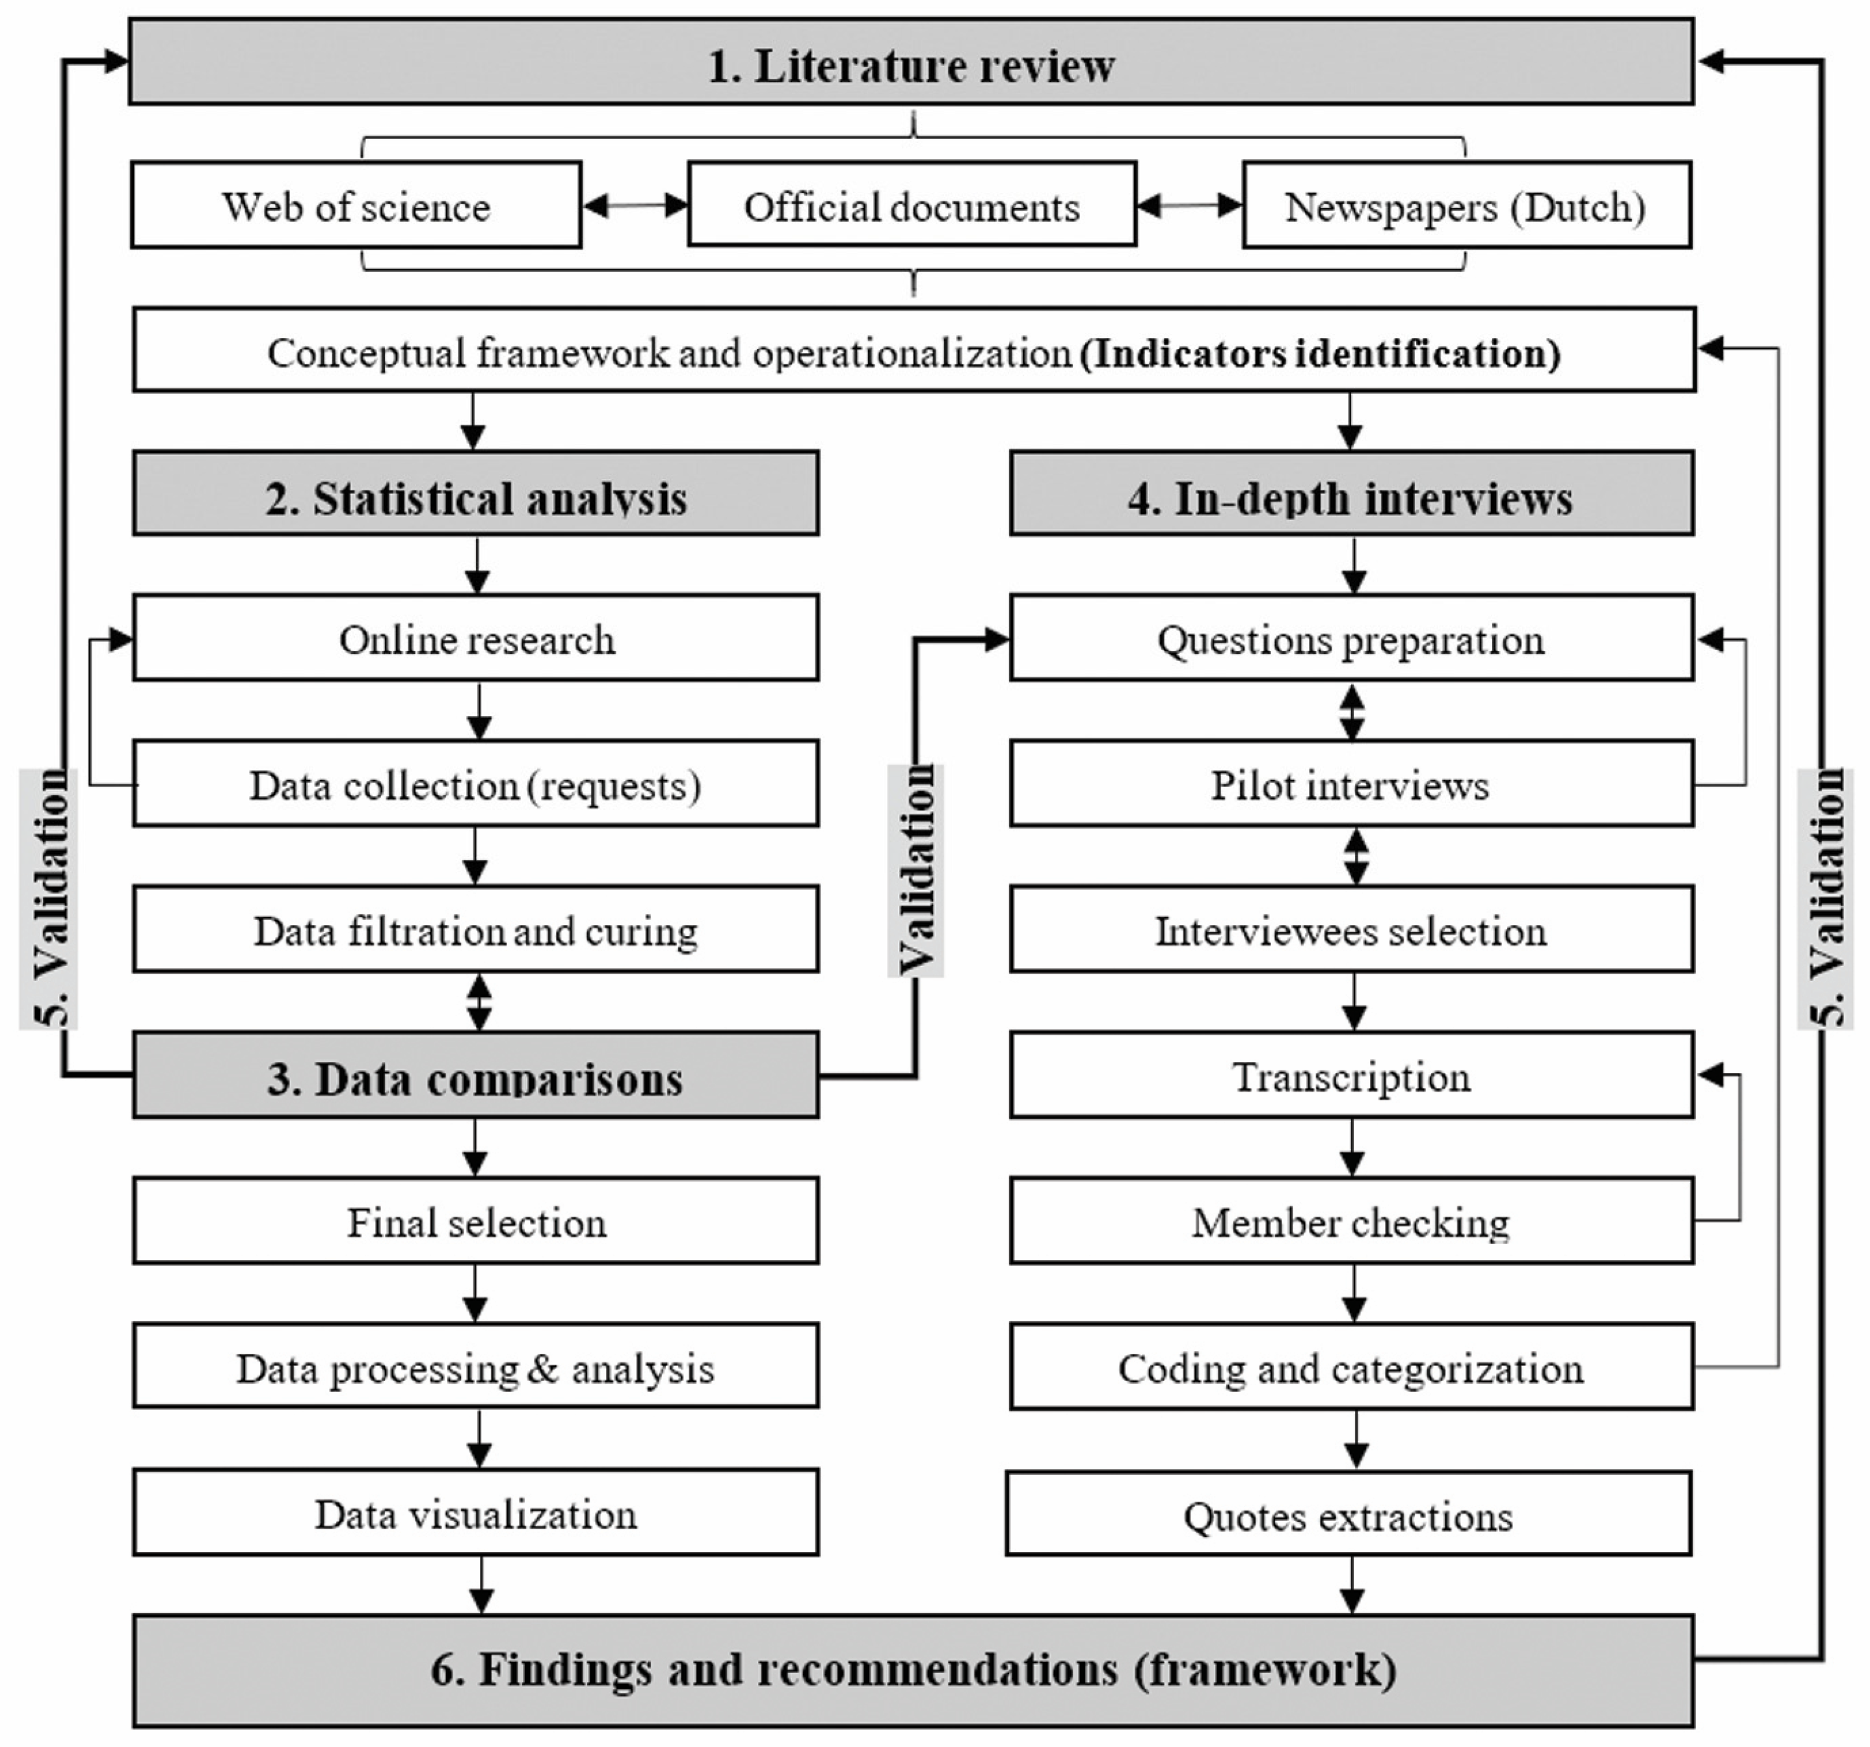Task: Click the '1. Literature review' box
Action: point(910,62)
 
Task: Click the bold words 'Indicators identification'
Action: point(1320,354)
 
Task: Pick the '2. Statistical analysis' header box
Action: point(475,495)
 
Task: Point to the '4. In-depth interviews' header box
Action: point(1350,495)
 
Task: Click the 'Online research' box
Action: point(475,638)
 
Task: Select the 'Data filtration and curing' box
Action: point(475,930)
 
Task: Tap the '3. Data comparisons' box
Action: point(475,1076)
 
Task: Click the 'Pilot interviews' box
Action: point(1350,784)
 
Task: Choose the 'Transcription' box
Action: point(1350,1076)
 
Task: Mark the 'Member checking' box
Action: point(1350,1221)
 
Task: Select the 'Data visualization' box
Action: point(475,1513)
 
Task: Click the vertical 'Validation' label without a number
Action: point(915,870)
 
